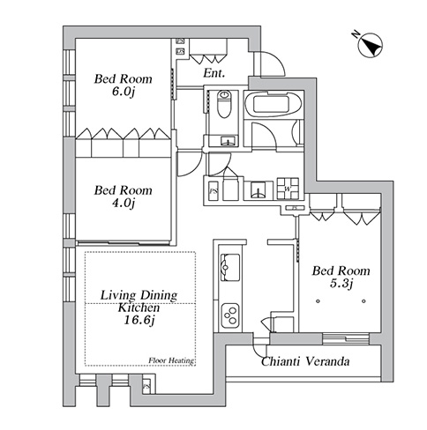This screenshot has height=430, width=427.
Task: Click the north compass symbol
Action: pyautogui.click(x=370, y=45)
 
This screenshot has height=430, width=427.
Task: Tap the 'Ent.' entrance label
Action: pyautogui.click(x=214, y=73)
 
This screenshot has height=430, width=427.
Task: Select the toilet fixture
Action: pyautogui.click(x=224, y=104)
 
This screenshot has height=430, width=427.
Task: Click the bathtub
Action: pyautogui.click(x=273, y=105)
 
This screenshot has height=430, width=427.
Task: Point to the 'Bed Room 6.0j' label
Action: pyautogui.click(x=123, y=85)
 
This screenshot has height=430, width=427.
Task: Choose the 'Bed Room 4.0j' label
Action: pyautogui.click(x=123, y=196)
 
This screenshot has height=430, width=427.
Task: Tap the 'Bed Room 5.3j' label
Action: pyautogui.click(x=341, y=277)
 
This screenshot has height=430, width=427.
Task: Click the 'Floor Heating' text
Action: pyautogui.click(x=171, y=360)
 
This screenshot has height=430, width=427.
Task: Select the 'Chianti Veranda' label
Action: pyautogui.click(x=305, y=361)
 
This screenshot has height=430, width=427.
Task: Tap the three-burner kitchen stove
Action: pyautogui.click(x=230, y=315)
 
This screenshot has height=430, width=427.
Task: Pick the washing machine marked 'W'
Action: pyautogui.click(x=288, y=189)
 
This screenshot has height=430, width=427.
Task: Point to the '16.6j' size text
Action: pyautogui.click(x=139, y=320)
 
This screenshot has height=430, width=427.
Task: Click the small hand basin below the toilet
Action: pyautogui.click(x=228, y=141)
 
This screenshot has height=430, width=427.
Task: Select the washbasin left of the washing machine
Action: pyautogui.click(x=258, y=190)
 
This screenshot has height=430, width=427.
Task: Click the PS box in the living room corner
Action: pyautogui.click(x=146, y=386)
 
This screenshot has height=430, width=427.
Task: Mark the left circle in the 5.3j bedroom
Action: pyautogui.click(x=318, y=301)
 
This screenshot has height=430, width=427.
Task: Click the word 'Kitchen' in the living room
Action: pyautogui.click(x=139, y=308)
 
